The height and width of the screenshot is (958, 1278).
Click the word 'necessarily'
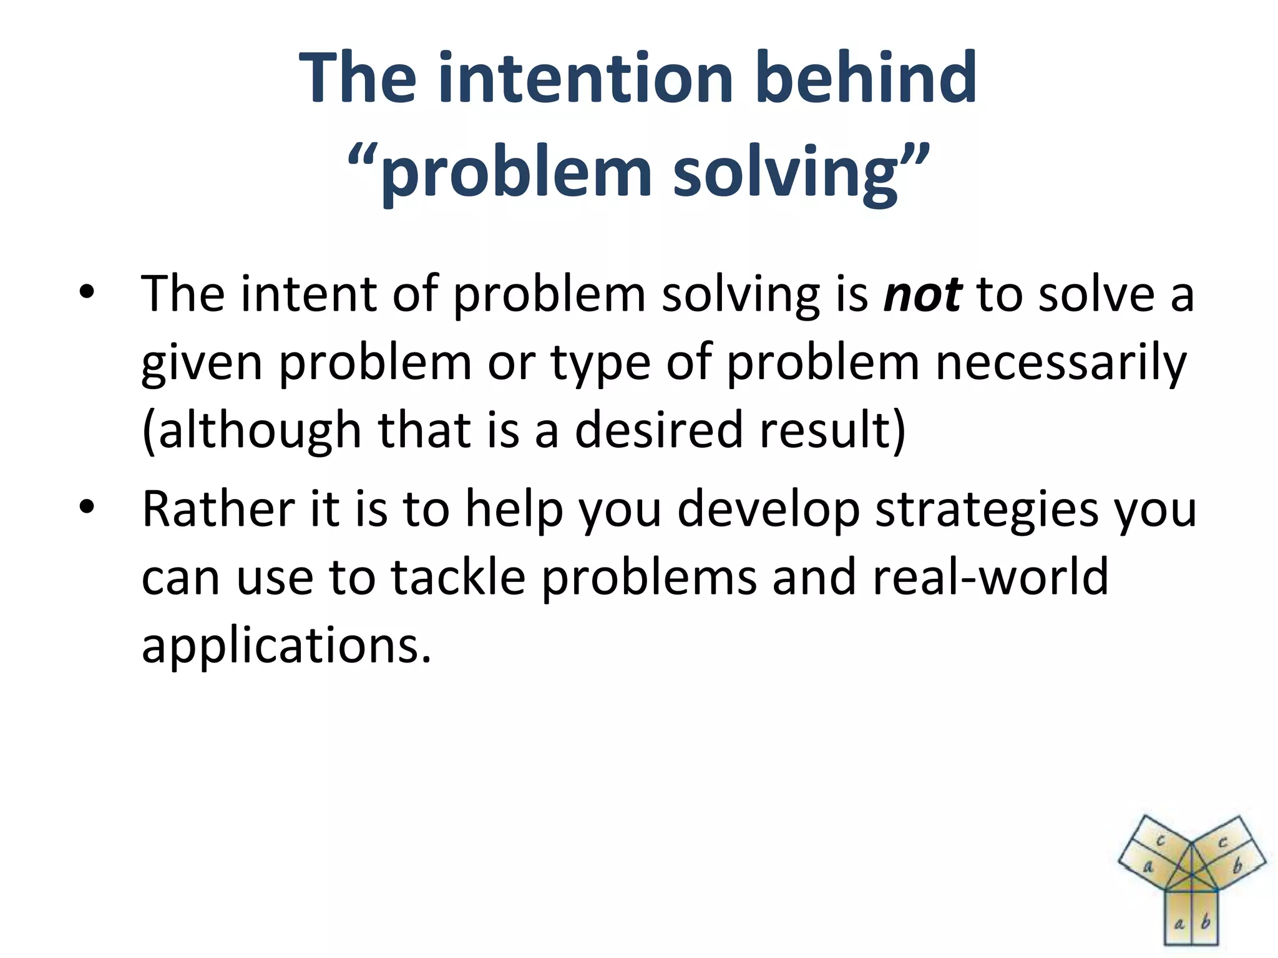point(1060,363)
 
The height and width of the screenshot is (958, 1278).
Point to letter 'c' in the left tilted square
point(1160,841)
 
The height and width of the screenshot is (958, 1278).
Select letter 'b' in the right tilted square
point(1237,866)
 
